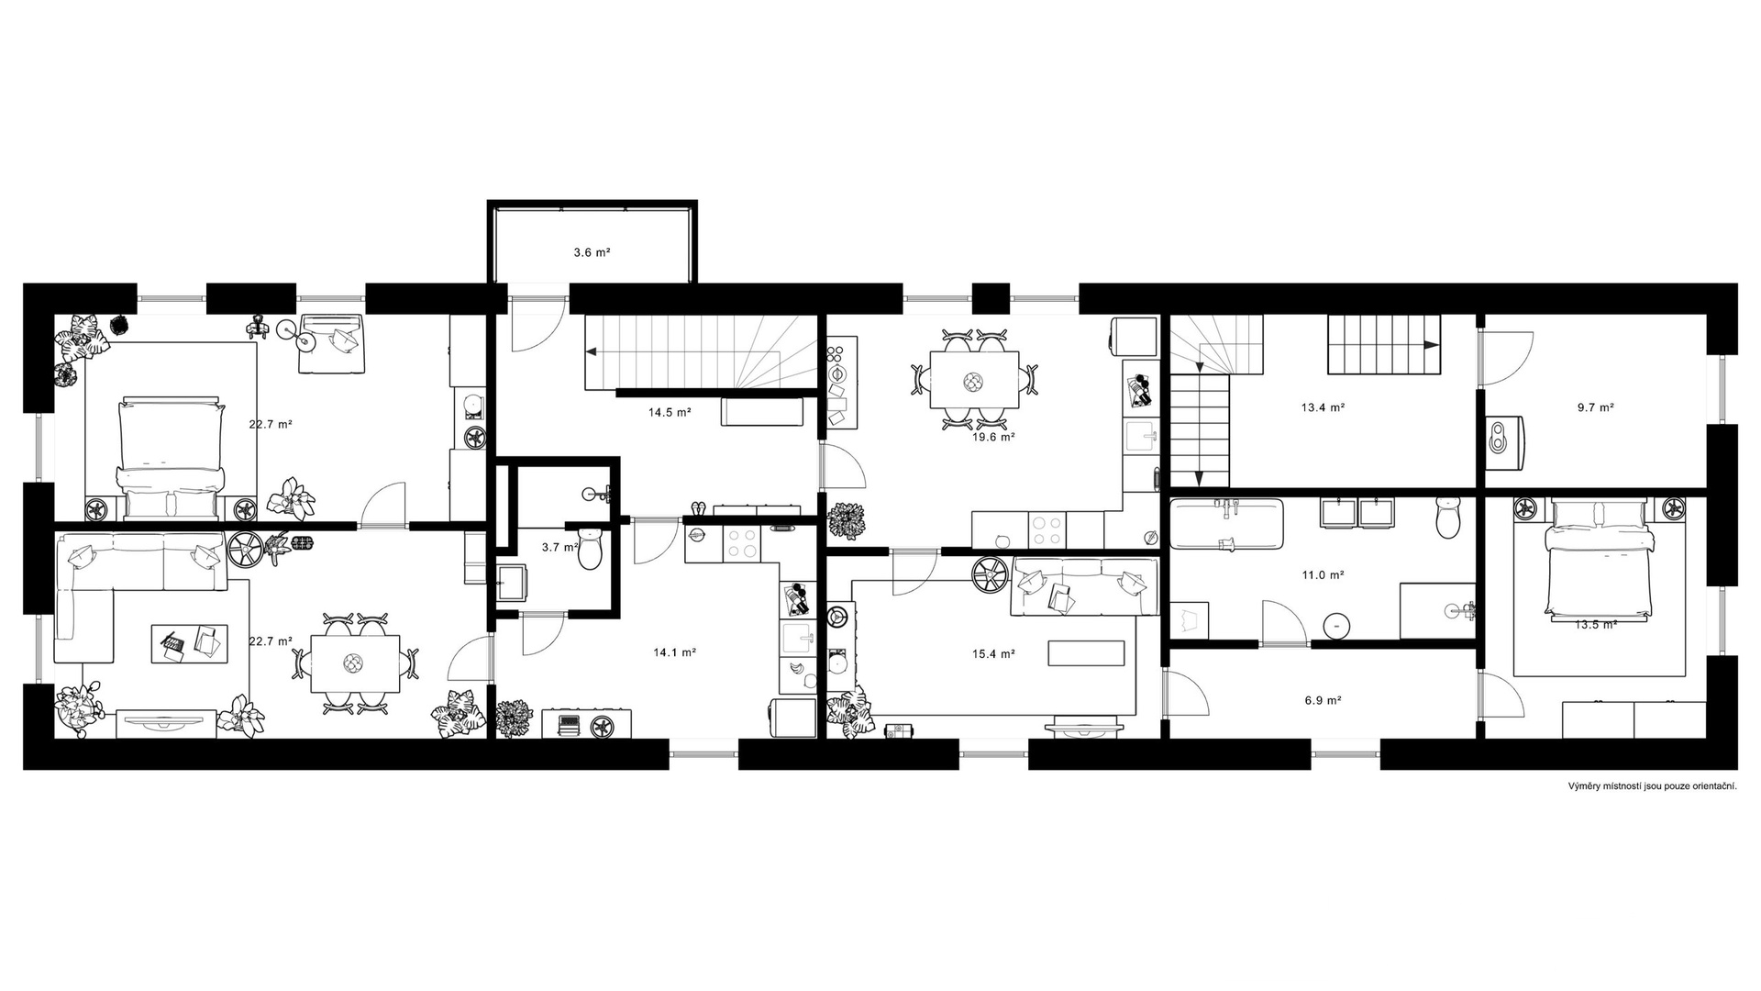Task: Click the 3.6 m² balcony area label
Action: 592,252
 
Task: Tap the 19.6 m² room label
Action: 993,438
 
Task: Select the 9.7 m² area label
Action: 1595,407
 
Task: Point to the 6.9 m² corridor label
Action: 1323,700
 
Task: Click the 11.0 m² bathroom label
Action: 1323,575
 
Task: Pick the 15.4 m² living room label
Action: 993,654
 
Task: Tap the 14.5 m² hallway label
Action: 670,412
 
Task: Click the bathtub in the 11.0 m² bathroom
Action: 1226,524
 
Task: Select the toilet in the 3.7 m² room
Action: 591,548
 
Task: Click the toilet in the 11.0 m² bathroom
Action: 1448,518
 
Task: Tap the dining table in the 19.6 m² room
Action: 974,379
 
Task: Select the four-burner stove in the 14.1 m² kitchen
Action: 743,543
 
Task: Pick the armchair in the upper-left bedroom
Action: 331,343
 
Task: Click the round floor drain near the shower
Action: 1336,625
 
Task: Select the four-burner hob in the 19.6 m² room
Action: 1047,529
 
